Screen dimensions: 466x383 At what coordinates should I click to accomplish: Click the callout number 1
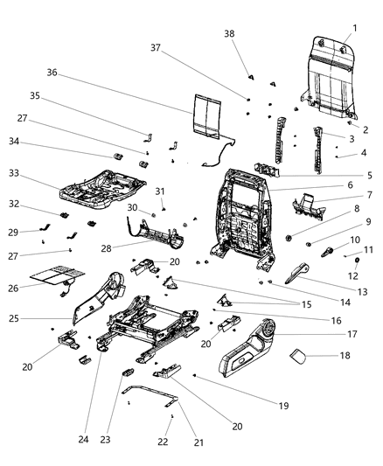coord(355,29)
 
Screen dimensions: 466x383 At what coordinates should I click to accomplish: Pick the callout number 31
coord(161,191)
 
